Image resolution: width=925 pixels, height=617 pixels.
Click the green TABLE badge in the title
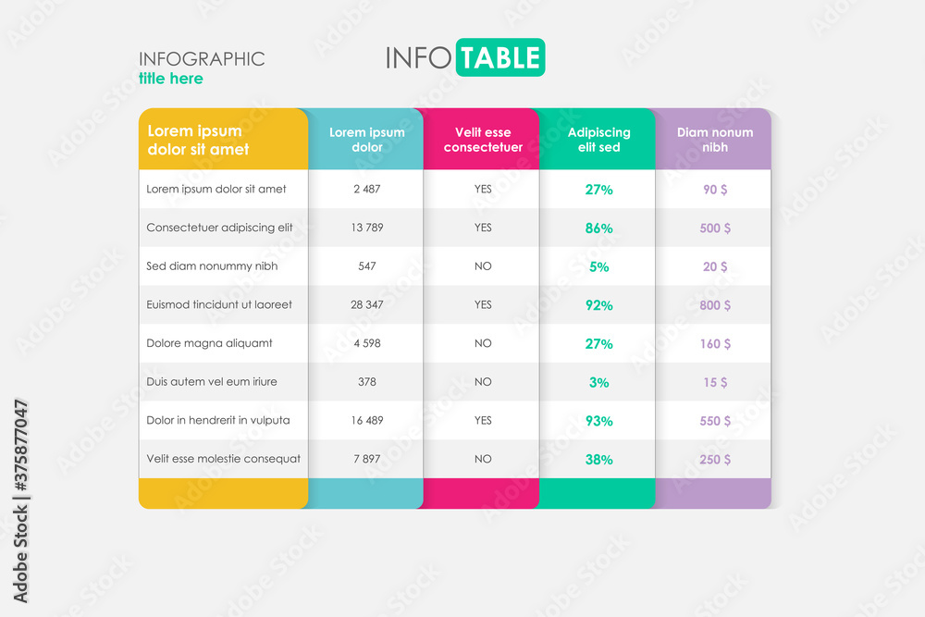click(x=499, y=57)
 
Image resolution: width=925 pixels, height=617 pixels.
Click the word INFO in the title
click(x=418, y=57)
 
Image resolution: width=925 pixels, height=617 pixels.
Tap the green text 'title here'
click(x=171, y=79)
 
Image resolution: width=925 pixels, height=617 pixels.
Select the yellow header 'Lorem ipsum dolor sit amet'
click(x=199, y=140)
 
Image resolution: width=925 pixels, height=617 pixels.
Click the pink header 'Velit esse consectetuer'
click(x=483, y=140)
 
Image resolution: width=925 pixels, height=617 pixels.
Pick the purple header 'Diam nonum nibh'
click(x=714, y=140)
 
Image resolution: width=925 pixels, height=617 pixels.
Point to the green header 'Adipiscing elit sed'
click(x=598, y=140)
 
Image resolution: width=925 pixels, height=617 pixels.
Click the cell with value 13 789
click(x=367, y=228)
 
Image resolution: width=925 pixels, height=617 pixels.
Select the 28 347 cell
click(x=367, y=304)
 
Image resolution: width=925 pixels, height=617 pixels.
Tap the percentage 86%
click(x=598, y=228)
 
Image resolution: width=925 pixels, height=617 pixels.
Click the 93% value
click(x=598, y=421)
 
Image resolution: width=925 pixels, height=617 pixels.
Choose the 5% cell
click(x=598, y=266)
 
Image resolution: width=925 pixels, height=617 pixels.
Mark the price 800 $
click(x=715, y=305)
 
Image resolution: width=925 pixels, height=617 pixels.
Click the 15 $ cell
click(x=715, y=382)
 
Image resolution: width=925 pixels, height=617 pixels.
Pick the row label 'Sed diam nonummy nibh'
click(x=212, y=266)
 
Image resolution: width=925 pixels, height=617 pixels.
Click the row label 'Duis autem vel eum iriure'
click(x=212, y=381)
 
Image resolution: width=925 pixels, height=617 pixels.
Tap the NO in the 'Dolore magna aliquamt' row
click(x=483, y=343)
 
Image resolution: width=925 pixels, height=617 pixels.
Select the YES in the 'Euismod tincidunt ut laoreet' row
click(x=483, y=304)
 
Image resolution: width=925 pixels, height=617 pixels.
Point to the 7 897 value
click(x=367, y=459)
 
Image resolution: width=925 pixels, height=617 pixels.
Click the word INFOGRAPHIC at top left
click(x=202, y=59)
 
